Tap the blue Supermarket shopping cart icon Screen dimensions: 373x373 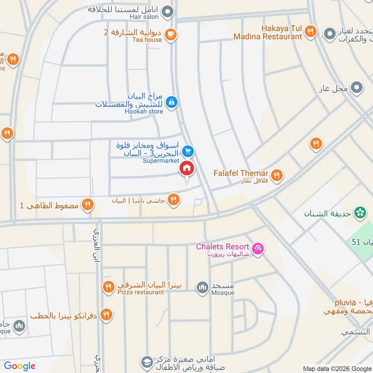coord(188,151)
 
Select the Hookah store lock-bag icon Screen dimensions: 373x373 coord(172,101)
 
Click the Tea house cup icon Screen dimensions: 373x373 coord(171,34)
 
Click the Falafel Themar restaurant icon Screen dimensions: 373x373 coord(277,175)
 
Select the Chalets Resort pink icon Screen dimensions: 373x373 coord(257,249)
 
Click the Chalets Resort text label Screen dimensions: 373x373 coord(223,246)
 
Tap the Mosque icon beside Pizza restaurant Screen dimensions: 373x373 coord(202,287)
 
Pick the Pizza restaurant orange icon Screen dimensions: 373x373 coord(108,287)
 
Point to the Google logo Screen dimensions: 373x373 coord(20,366)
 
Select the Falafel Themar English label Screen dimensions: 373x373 coord(241,173)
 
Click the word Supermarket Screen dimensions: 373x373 coord(161,161)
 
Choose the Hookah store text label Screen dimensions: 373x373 coord(144,111)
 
